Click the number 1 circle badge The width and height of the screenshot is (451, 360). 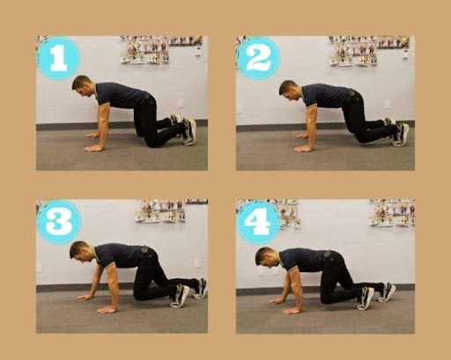click(58, 58)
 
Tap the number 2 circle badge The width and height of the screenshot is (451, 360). click(258, 58)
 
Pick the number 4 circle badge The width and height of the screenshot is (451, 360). click(258, 222)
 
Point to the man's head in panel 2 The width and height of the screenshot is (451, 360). click(289, 90)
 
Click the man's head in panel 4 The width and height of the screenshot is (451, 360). click(266, 257)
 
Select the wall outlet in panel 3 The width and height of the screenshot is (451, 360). click(196, 262)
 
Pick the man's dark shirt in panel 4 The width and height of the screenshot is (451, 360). click(308, 260)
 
